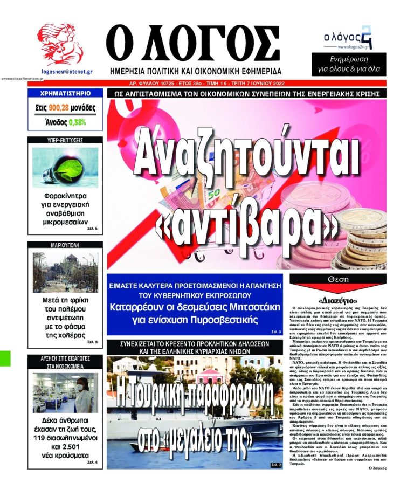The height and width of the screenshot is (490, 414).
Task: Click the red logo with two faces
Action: click(x=60, y=45)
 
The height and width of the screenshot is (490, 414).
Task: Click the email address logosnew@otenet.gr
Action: click(x=67, y=71)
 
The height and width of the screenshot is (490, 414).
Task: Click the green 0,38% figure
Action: click(x=77, y=122)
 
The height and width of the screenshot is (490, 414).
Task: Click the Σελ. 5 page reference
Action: click(x=91, y=229)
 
